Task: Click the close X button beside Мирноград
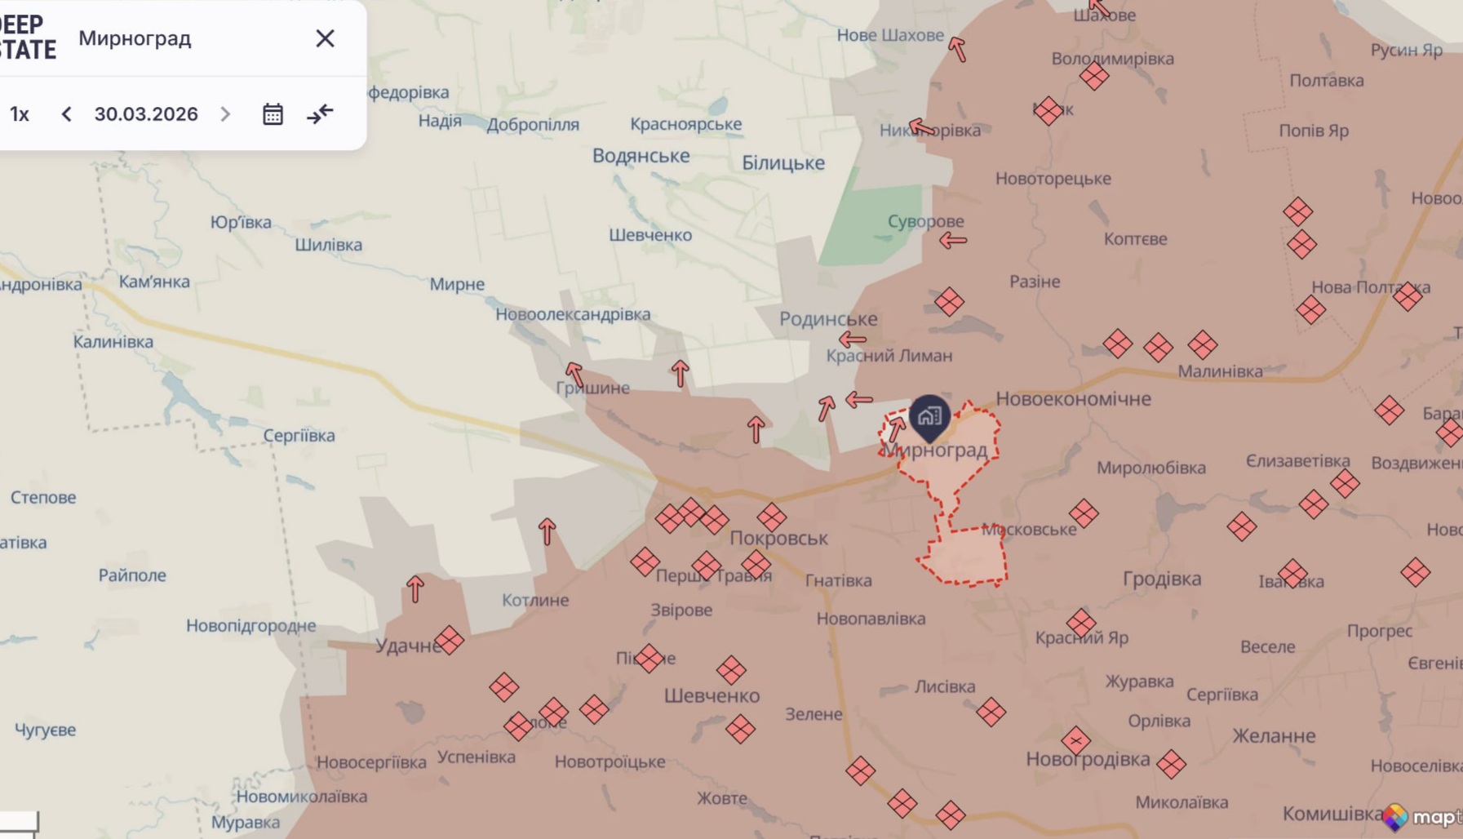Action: [325, 38]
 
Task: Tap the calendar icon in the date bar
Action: [273, 114]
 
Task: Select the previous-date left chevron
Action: [67, 114]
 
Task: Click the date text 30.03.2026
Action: [146, 114]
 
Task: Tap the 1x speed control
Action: [20, 114]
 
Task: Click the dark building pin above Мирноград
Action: [929, 416]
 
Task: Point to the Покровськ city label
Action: [778, 538]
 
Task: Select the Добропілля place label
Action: [533, 125]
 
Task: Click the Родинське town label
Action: [828, 319]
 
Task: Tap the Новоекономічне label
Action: [1073, 399]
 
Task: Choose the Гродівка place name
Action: [1162, 579]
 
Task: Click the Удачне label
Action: [407, 646]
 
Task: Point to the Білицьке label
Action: [782, 163]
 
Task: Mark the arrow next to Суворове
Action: [952, 241]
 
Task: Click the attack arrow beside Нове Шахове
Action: [957, 49]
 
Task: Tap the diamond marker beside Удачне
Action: [449, 641]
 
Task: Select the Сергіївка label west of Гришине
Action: [299, 436]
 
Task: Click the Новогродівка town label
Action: [1088, 760]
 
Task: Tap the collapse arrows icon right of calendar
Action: [320, 114]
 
